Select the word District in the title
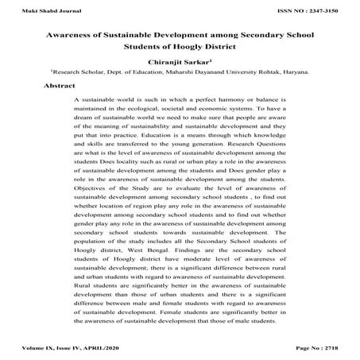click(x=218, y=48)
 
